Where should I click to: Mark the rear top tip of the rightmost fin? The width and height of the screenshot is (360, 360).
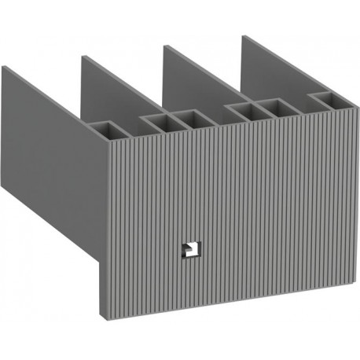coord(243,37)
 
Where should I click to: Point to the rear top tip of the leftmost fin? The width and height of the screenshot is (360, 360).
coord(3,67)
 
